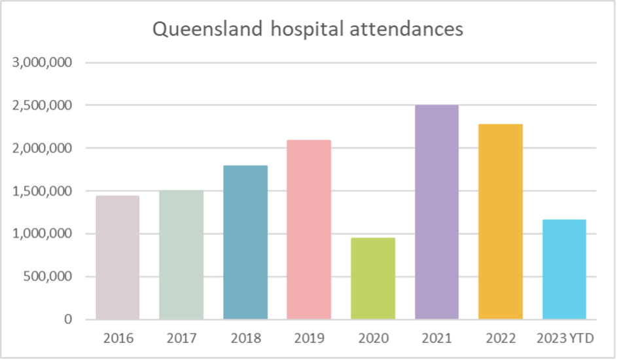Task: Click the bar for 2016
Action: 117,257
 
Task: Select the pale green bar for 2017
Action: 181,255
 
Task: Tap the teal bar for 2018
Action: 245,242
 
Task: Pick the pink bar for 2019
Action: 309,230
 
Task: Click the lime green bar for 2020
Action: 373,278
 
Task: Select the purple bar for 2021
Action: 436,212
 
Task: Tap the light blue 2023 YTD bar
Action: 564,269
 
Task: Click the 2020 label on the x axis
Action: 373,338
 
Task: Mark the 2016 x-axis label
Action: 117,338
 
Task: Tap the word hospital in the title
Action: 302,30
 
